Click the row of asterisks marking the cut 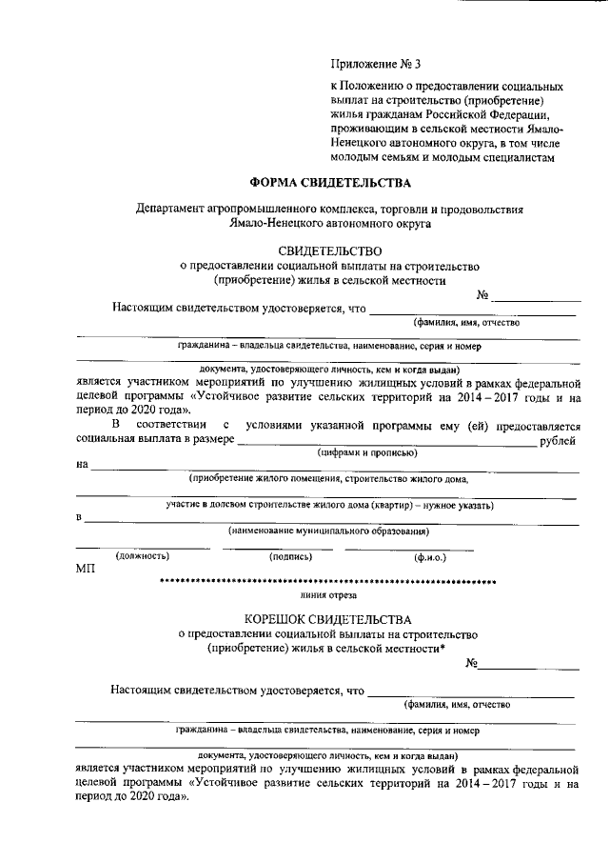328,581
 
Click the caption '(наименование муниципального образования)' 328,531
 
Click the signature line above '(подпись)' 284,548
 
